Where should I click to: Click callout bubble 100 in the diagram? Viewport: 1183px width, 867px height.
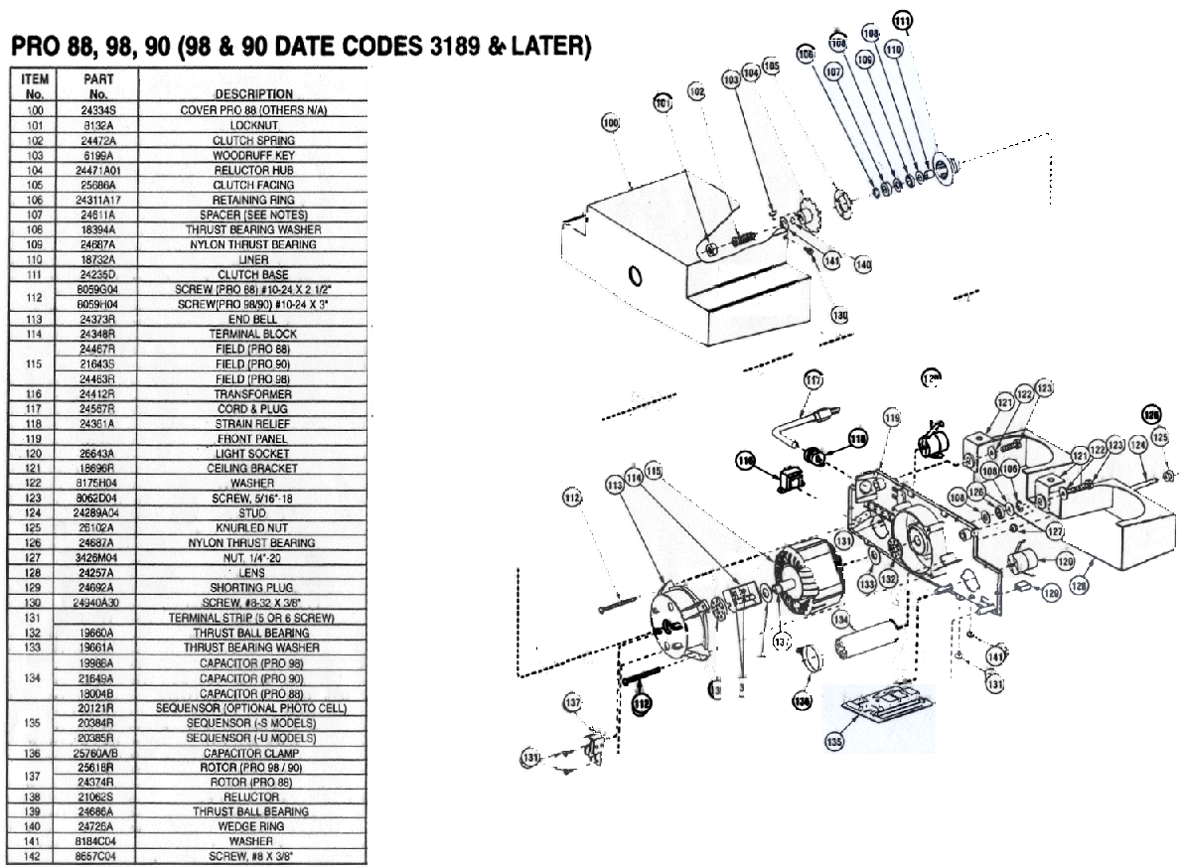coord(610,122)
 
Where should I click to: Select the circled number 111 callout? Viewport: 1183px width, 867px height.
coord(902,21)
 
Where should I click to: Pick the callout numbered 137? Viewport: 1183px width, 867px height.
coord(572,702)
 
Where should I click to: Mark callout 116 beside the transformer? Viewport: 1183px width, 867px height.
coord(745,459)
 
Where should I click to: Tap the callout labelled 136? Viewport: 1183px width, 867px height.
coord(801,700)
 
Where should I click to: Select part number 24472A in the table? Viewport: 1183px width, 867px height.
coord(97,140)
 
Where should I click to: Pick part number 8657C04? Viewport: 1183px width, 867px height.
coord(97,856)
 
